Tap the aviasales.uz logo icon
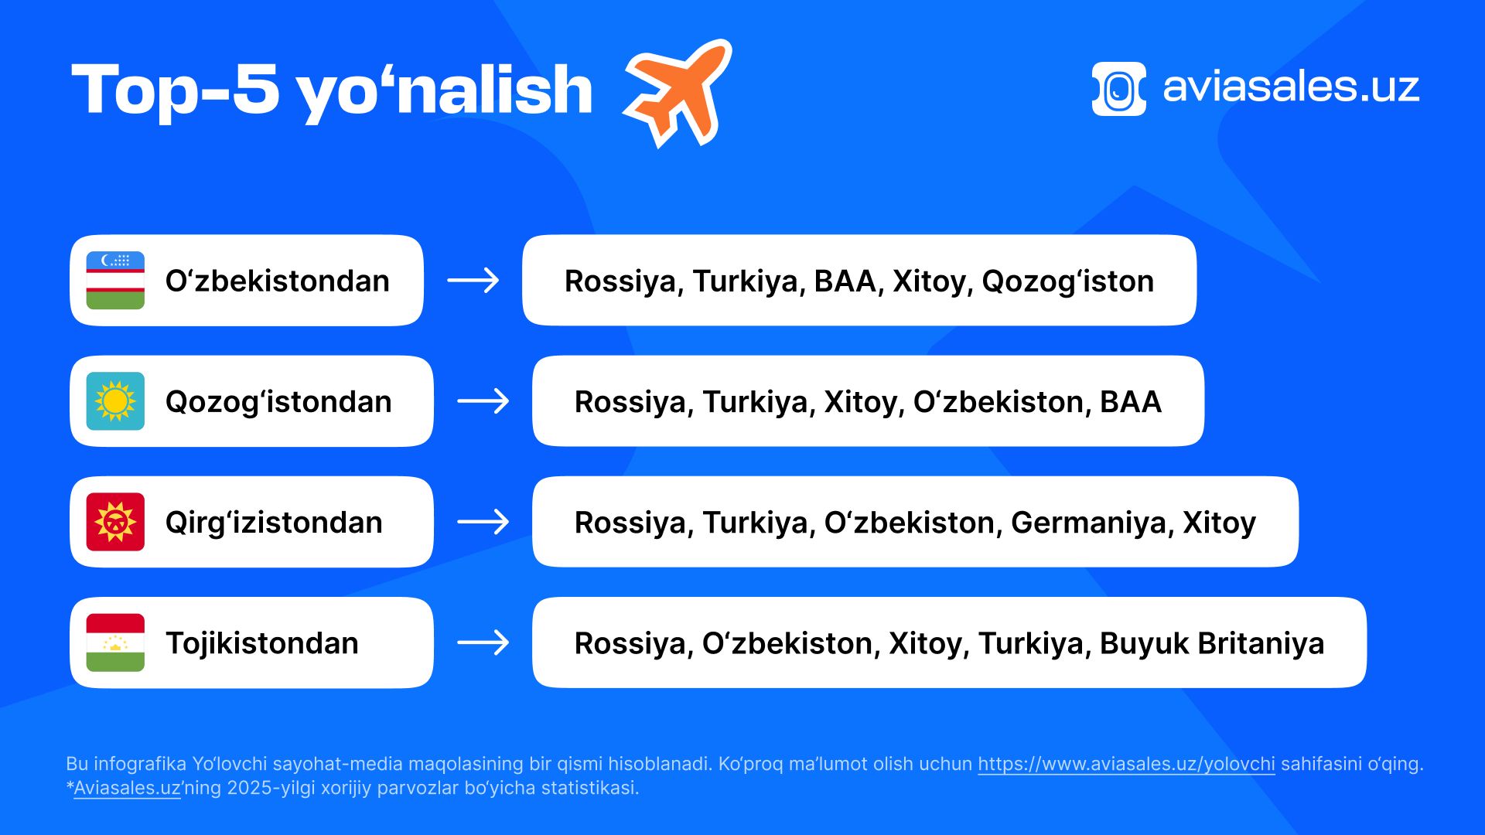pos(1118,89)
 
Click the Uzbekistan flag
pos(115,280)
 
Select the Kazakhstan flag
pos(115,401)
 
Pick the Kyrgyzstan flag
pos(115,522)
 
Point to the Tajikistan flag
pos(115,642)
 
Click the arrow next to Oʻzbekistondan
pos(473,280)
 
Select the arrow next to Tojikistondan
pos(483,642)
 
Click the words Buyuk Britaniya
pos(1212,643)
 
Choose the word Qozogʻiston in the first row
pos(1068,281)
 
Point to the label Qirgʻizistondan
pos(274,523)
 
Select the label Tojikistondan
pos(262,643)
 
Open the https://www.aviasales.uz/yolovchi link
pos(1126,764)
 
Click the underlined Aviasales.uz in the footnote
pos(127,788)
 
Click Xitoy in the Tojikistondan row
pos(929,643)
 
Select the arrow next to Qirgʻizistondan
pos(483,522)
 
